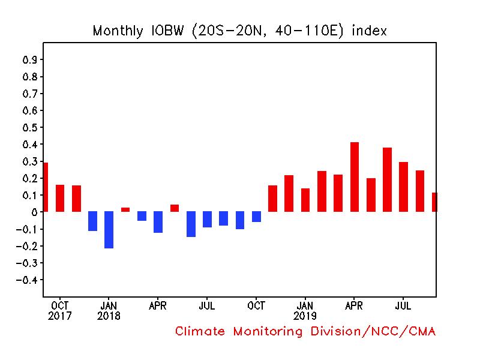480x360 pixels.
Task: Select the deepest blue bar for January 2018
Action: coord(109,229)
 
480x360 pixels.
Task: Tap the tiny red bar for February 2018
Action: coord(125,209)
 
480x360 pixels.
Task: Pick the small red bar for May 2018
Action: coord(175,208)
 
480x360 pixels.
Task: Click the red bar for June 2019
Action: coord(387,179)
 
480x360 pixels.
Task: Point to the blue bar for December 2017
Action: coord(92,221)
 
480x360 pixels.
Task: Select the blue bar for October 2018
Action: coord(257,217)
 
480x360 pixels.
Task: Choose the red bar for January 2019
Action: coord(305,200)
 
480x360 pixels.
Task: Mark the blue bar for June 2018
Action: coord(191,224)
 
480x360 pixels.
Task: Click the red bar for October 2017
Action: coord(60,198)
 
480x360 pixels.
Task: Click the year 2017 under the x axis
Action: coord(59,316)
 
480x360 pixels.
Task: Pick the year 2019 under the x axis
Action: coord(305,316)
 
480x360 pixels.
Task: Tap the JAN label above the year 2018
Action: coord(109,305)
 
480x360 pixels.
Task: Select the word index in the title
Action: coord(369,31)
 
